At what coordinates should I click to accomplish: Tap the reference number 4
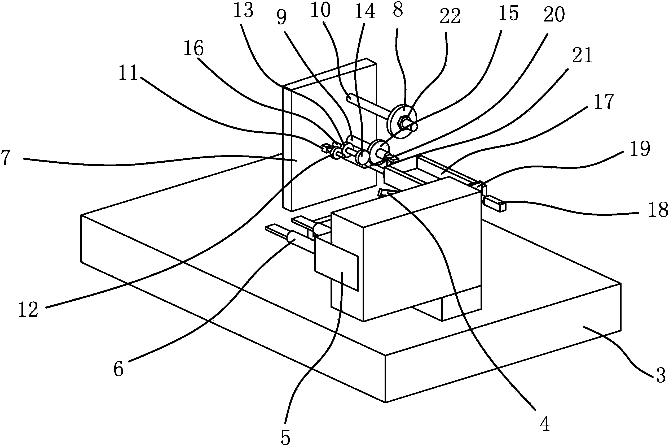click(544, 425)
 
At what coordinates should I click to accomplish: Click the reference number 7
click(6, 158)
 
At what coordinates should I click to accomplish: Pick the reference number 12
click(28, 310)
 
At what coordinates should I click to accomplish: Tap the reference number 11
click(128, 72)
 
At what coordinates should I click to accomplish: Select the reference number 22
click(450, 16)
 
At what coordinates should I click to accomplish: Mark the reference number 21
click(582, 55)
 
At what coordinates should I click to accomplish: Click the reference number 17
click(604, 101)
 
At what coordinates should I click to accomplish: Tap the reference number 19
click(640, 149)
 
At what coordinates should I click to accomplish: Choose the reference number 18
click(658, 210)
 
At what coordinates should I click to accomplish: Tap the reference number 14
click(365, 13)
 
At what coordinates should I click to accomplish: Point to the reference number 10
click(321, 11)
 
